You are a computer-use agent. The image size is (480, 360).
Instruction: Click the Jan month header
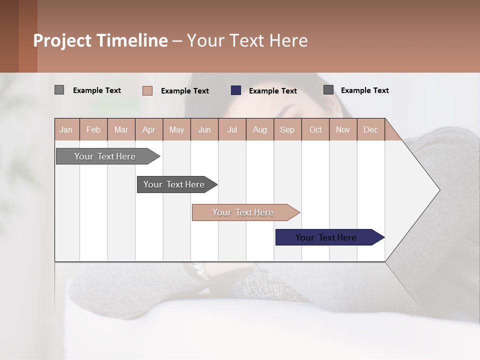(66, 129)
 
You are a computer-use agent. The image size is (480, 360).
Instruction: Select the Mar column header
(121, 129)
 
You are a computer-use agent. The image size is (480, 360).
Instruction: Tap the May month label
(176, 129)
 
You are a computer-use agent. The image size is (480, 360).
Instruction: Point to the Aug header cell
(259, 129)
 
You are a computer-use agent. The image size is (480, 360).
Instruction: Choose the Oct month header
(315, 129)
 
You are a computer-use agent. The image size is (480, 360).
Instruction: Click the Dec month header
(370, 129)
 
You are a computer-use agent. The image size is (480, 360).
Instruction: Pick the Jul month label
(232, 129)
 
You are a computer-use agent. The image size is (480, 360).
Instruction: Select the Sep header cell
(287, 129)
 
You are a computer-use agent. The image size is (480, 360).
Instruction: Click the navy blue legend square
(236, 90)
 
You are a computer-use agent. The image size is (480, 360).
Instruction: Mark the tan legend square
(147, 90)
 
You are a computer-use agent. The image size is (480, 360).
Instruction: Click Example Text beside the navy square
(272, 91)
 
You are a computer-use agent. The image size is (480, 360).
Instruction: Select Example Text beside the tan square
(184, 91)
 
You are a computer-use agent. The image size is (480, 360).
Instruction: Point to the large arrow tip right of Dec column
(420, 190)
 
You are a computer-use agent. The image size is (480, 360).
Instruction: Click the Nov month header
(342, 129)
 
